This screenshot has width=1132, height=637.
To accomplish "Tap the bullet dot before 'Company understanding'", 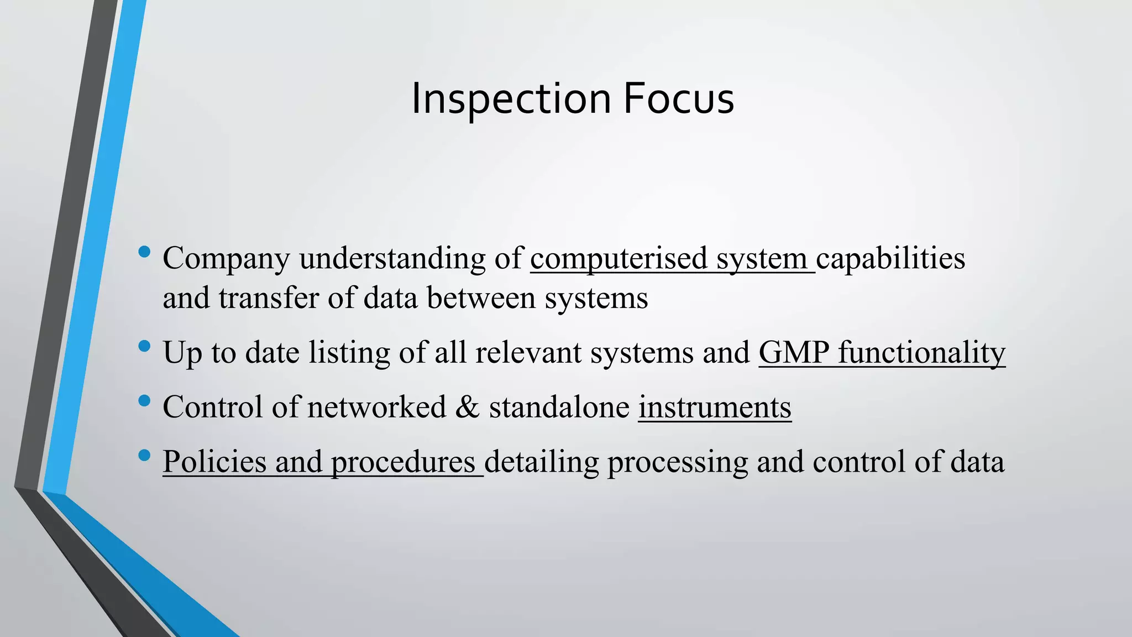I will (x=145, y=252).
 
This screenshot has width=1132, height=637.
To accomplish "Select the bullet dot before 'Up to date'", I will (x=145, y=347).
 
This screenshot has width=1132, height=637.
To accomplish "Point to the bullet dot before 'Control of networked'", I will (x=145, y=401).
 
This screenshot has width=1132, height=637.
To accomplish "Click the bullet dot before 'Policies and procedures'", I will (x=145, y=456).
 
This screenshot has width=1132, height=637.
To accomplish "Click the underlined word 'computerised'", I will (x=619, y=259).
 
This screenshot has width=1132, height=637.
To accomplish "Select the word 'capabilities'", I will (x=890, y=259).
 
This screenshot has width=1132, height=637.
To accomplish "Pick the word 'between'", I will (x=481, y=299).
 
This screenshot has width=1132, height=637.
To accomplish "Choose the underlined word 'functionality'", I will (x=921, y=353).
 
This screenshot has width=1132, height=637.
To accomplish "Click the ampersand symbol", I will (x=468, y=408).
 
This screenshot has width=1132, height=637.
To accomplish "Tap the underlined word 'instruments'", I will (x=715, y=408).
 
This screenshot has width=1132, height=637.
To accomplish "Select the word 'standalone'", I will (x=559, y=408).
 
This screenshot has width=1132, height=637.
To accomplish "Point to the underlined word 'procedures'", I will (x=403, y=462).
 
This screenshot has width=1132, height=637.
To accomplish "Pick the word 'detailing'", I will (x=541, y=462).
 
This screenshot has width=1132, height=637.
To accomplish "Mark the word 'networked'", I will (x=376, y=408).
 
